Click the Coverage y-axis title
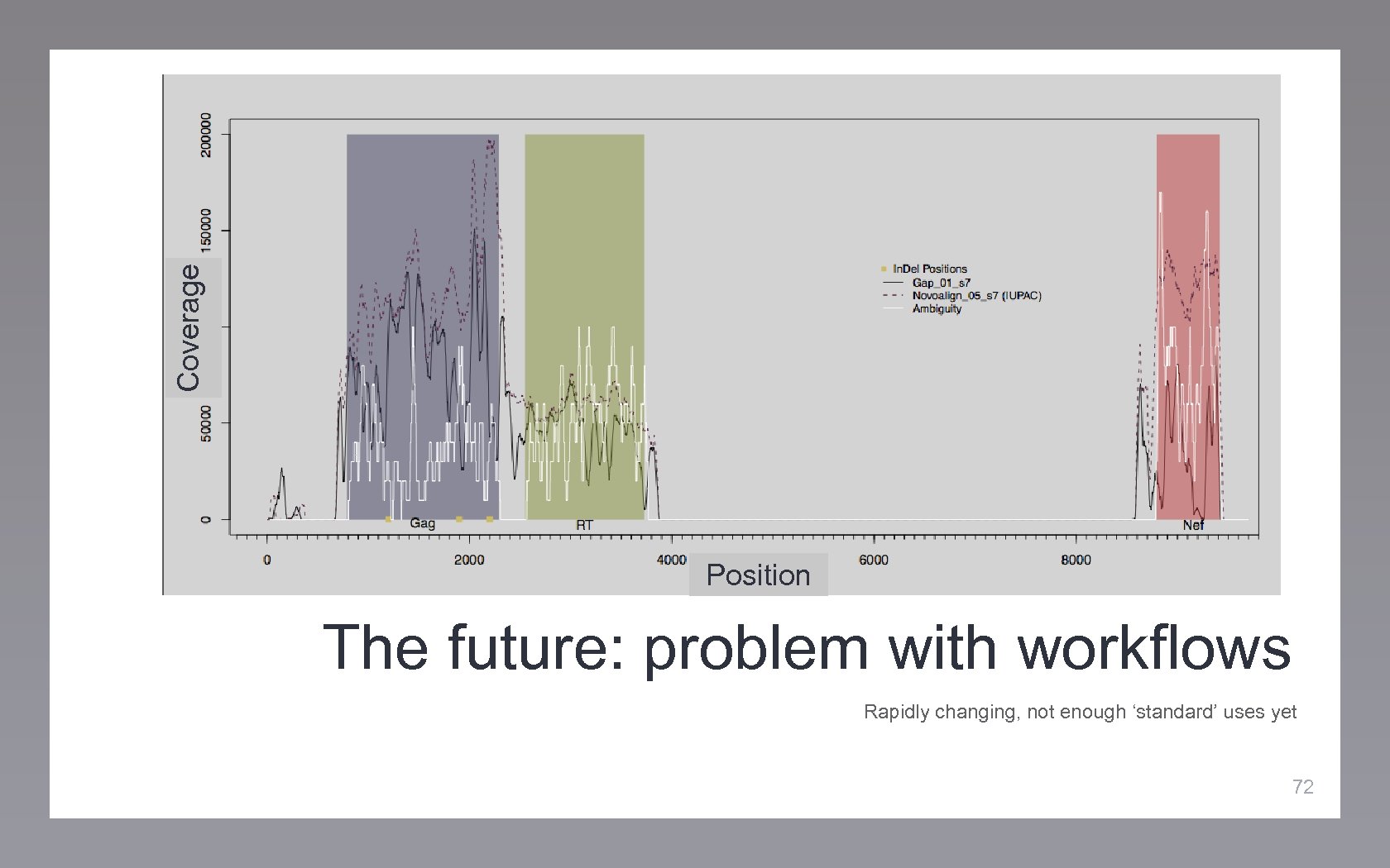(x=189, y=327)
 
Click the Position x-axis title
(x=758, y=575)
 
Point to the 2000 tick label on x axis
(x=469, y=560)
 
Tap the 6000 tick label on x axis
(x=874, y=560)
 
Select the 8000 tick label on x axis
(x=1076, y=560)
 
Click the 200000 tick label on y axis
(x=206, y=135)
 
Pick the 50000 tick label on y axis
(x=206, y=423)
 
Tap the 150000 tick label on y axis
(x=206, y=230)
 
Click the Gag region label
(x=422, y=523)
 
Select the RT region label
(x=584, y=525)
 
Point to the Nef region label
(x=1193, y=525)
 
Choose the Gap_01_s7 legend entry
(x=941, y=283)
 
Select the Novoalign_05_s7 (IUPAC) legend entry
(x=976, y=295)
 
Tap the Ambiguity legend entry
(x=937, y=308)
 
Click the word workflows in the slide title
(x=1153, y=648)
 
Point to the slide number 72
(x=1302, y=786)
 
